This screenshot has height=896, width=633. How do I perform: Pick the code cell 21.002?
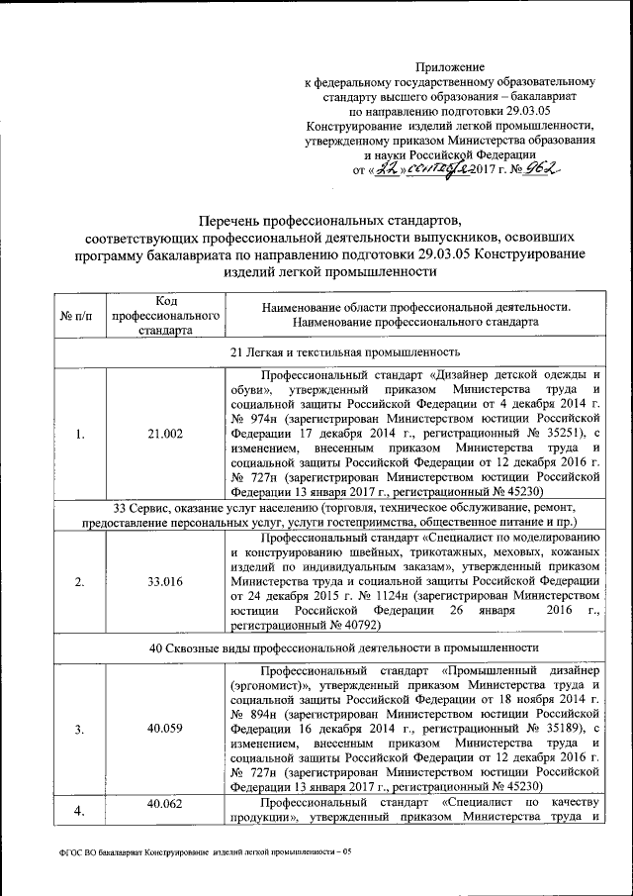(x=165, y=433)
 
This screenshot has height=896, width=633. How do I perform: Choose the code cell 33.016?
(x=165, y=581)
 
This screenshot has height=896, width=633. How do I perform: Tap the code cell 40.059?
(x=165, y=729)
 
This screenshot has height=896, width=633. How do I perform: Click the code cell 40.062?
(x=165, y=803)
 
